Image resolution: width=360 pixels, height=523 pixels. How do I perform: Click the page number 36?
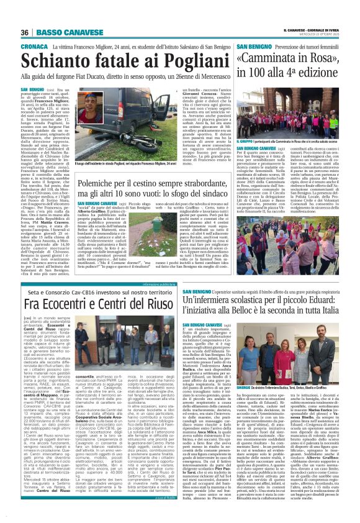point(25,32)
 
